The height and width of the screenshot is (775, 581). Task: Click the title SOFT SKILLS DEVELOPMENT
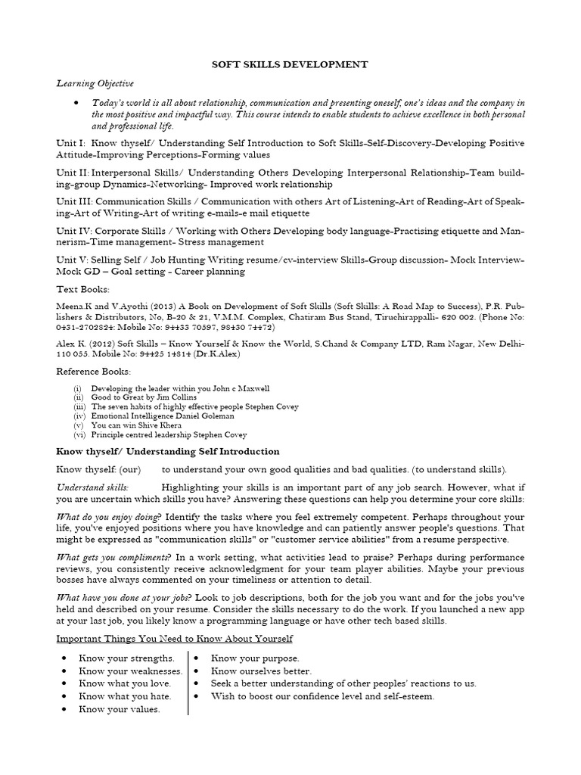click(x=290, y=65)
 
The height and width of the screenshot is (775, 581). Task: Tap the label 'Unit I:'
click(x=71, y=143)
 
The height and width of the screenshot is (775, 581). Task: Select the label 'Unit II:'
click(x=73, y=173)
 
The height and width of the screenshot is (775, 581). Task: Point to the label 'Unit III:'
click(x=76, y=202)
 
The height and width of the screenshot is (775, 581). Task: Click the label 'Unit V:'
click(x=73, y=260)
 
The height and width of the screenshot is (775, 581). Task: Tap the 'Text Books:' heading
click(x=83, y=289)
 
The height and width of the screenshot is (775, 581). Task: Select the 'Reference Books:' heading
click(x=94, y=372)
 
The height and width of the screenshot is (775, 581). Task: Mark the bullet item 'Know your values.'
click(x=120, y=709)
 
